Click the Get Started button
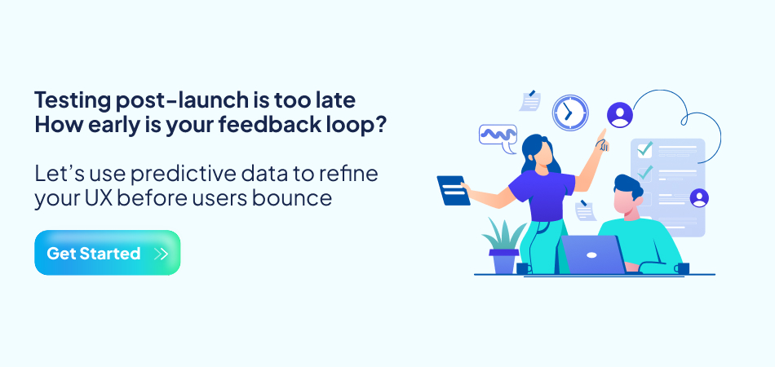click(x=107, y=253)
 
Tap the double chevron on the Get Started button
click(x=161, y=254)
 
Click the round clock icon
click(x=570, y=113)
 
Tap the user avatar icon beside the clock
click(x=620, y=115)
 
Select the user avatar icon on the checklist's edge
click(x=699, y=198)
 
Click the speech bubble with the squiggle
click(x=498, y=136)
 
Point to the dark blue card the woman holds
click(x=454, y=190)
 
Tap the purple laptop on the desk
click(x=593, y=254)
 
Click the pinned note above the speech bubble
click(x=530, y=100)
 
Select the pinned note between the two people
click(x=585, y=210)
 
